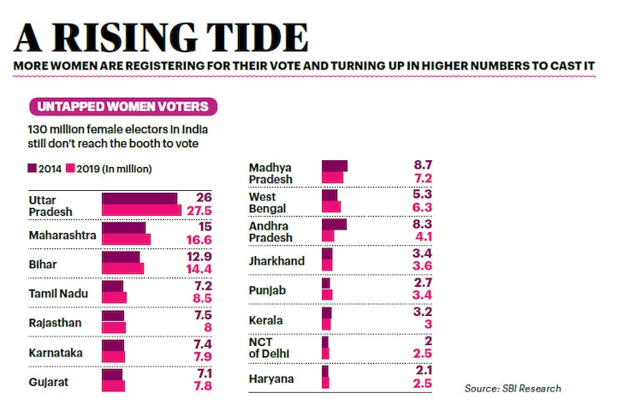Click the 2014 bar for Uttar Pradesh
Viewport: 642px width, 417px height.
tap(139, 199)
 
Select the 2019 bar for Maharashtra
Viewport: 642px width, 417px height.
tap(126, 240)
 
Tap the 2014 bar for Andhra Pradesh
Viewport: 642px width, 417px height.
tap(334, 224)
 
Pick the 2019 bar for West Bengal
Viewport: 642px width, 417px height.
tap(331, 207)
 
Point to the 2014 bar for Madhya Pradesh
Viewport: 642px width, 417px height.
tap(335, 166)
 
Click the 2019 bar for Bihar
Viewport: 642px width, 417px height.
tap(122, 269)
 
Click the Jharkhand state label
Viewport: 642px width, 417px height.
tap(276, 259)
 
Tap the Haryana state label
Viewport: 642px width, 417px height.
tap(271, 378)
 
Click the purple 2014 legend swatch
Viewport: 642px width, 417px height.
tap(32, 168)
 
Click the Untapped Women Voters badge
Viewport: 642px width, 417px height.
tap(122, 107)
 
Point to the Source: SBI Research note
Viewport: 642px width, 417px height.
tap(513, 388)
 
